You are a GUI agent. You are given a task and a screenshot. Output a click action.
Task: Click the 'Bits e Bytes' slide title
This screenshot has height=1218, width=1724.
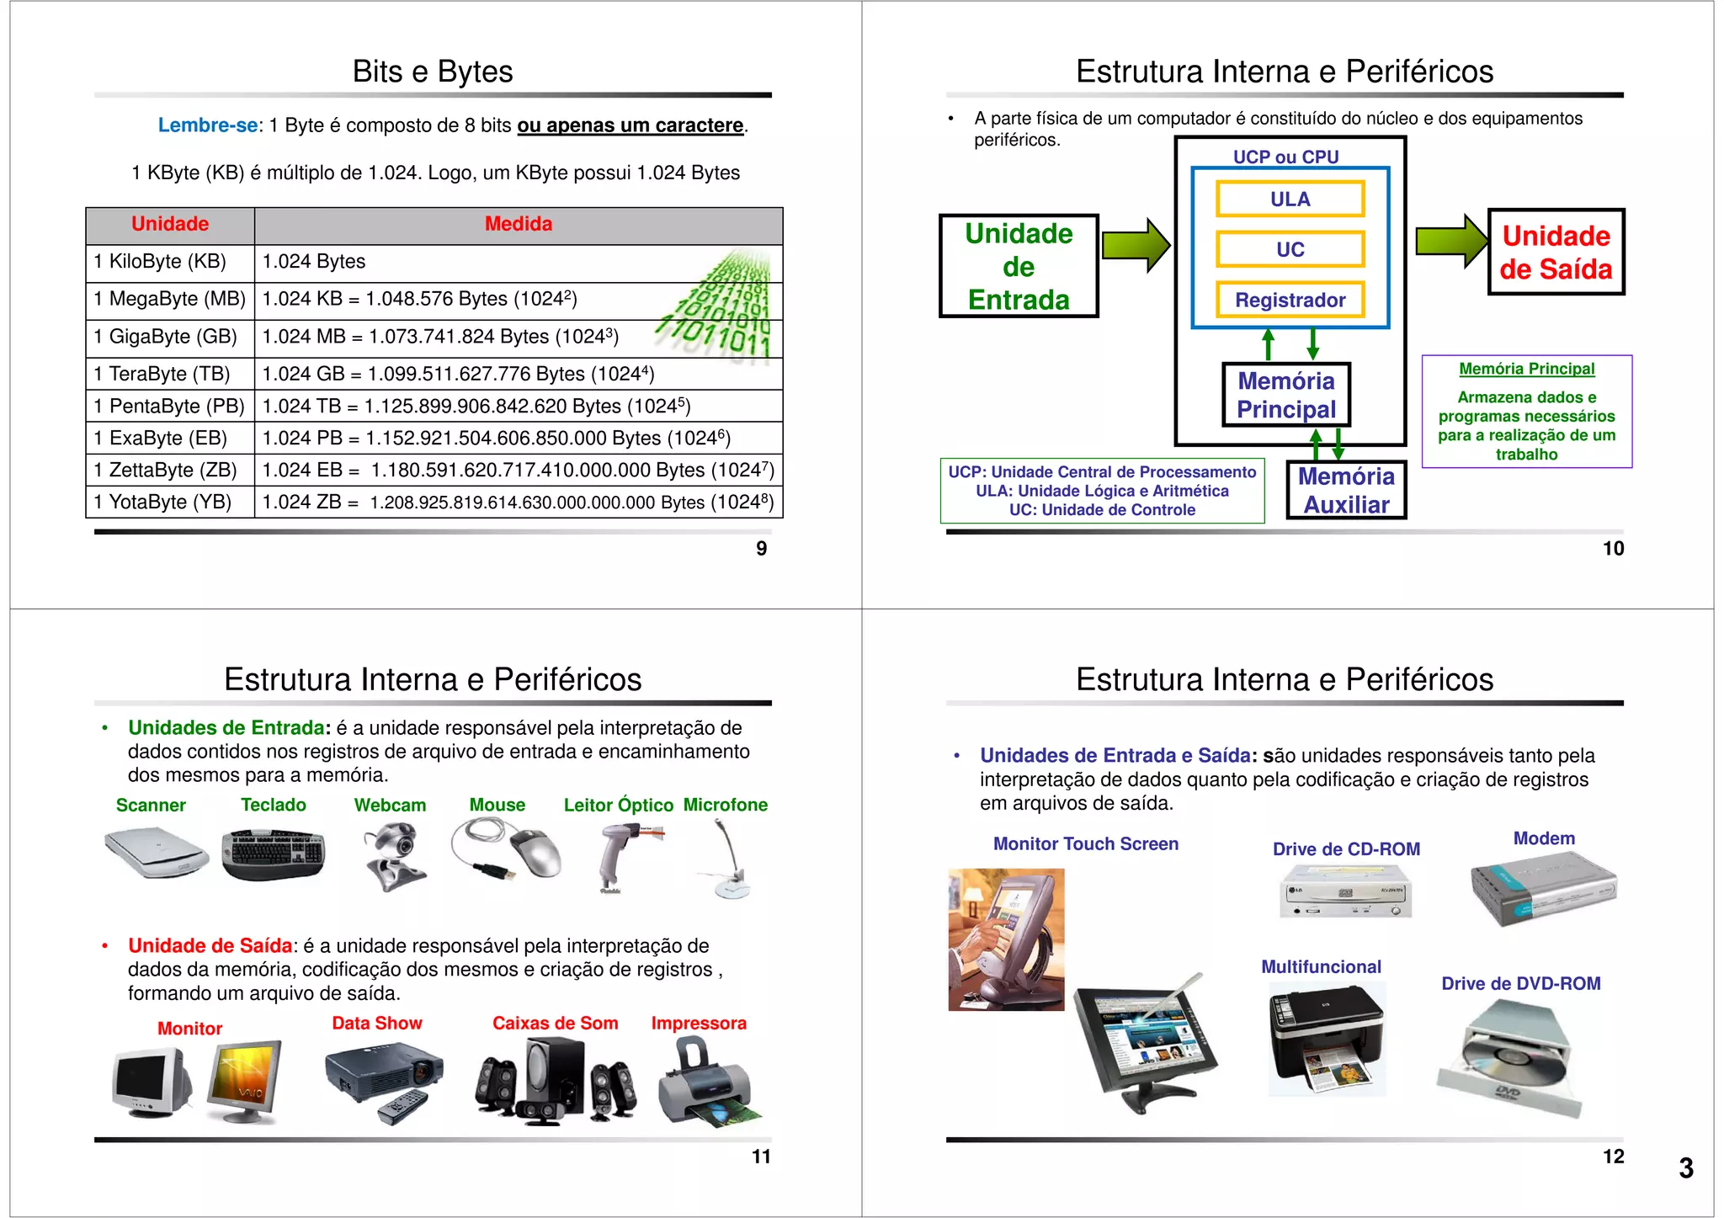(x=433, y=72)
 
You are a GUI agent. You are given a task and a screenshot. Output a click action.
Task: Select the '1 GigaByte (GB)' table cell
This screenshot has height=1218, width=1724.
(x=166, y=337)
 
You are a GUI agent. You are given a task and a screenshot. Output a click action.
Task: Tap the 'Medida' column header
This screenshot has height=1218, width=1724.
(x=518, y=224)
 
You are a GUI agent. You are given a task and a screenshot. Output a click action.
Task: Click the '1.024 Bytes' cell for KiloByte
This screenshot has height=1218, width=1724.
(x=314, y=262)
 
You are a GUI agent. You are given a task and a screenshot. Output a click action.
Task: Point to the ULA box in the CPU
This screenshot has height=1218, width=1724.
(x=1290, y=199)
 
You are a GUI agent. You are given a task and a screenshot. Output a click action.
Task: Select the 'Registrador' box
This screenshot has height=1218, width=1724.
(x=1290, y=300)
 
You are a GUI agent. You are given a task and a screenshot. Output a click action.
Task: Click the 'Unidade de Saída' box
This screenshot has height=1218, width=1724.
(x=1556, y=252)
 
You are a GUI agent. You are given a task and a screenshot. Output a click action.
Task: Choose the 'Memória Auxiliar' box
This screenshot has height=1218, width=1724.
(x=1346, y=490)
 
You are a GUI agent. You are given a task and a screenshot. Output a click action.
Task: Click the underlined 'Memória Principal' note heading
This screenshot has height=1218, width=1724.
(x=1526, y=369)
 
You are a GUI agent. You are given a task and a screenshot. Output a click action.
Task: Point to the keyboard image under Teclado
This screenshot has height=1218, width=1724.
(x=274, y=854)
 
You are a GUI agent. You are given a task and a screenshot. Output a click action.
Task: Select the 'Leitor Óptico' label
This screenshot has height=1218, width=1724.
(x=618, y=806)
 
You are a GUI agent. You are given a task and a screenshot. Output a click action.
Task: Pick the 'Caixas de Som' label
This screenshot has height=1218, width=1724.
(x=555, y=1024)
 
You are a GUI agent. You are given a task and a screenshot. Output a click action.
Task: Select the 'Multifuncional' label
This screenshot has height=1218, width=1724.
(x=1321, y=967)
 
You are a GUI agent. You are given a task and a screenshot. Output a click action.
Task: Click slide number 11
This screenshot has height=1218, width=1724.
(x=761, y=1157)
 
